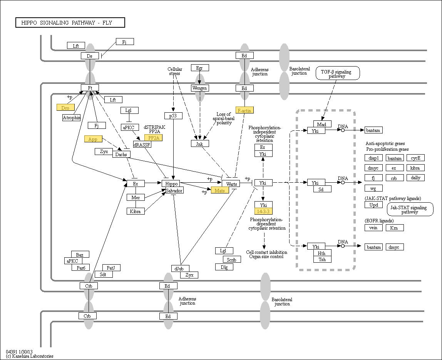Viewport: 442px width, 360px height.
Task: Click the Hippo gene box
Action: click(x=171, y=184)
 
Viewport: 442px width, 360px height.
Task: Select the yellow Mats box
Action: click(x=220, y=190)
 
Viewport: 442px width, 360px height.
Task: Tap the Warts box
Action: click(x=231, y=184)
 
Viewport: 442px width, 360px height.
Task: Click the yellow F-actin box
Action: click(x=244, y=110)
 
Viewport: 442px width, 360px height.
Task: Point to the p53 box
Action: click(x=173, y=115)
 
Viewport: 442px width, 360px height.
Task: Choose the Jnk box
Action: click(x=200, y=143)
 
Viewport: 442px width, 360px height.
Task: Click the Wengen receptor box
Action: click(x=200, y=88)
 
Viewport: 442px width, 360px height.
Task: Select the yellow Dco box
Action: click(x=65, y=107)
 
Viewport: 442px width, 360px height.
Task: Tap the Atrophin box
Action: click(x=71, y=117)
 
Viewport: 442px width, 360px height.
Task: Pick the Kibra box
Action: click(x=136, y=211)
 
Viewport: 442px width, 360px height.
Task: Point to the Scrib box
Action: click(x=232, y=260)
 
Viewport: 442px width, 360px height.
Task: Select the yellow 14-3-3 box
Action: click(x=263, y=211)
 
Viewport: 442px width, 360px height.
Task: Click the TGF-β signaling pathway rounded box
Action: click(x=338, y=73)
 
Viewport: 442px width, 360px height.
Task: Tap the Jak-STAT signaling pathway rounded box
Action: click(x=410, y=209)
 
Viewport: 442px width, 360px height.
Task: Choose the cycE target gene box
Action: click(x=415, y=158)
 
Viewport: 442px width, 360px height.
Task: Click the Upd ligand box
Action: click(x=374, y=205)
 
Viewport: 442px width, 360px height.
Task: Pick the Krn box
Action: click(x=395, y=228)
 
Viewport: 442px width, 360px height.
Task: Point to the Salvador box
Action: click(x=174, y=190)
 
